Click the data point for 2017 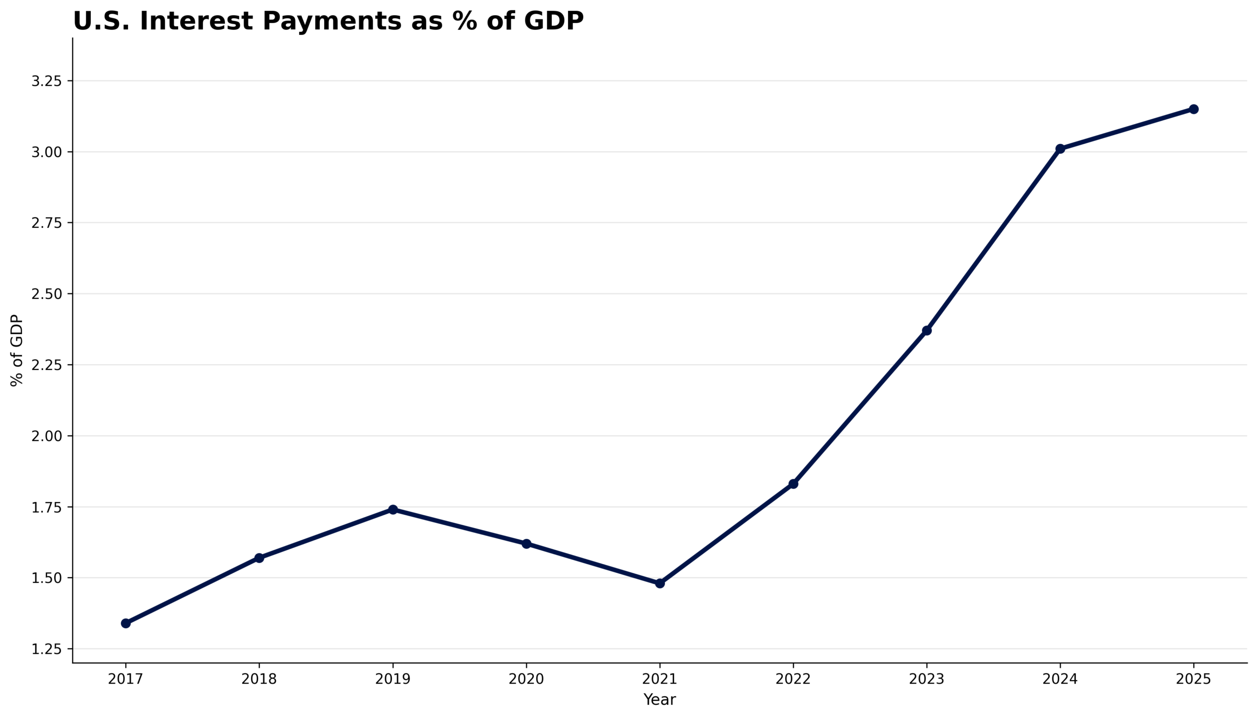click(126, 623)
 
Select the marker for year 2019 click(393, 509)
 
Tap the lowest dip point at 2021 click(660, 584)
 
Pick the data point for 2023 click(927, 330)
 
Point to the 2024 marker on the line click(1060, 148)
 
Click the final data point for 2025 click(1194, 109)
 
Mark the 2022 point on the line click(793, 484)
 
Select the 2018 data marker click(259, 558)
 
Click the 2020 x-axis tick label click(526, 680)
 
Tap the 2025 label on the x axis click(1194, 680)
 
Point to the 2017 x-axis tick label click(126, 680)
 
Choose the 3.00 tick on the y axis click(47, 152)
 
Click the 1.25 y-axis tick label click(47, 649)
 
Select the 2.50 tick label click(47, 294)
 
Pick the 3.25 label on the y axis click(47, 81)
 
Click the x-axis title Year click(659, 700)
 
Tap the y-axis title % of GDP click(17, 350)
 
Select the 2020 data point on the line click(526, 544)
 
